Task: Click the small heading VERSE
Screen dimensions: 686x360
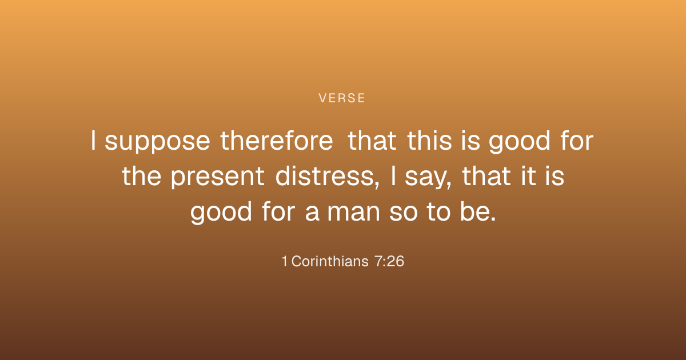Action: [342, 98]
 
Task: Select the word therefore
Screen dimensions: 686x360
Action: [277, 141]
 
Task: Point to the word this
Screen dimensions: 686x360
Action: [429, 141]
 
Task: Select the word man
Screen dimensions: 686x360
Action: [354, 213]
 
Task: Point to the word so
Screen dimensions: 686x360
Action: [404, 213]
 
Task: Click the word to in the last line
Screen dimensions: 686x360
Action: [438, 211]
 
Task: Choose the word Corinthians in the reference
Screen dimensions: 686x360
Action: [330, 262]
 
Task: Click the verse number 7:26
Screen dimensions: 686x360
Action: [389, 262]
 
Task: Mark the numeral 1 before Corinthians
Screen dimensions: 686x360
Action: [285, 262]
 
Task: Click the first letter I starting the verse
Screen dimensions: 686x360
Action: [93, 141]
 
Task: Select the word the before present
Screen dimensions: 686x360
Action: [142, 176]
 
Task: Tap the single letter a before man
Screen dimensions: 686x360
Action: [312, 213]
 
